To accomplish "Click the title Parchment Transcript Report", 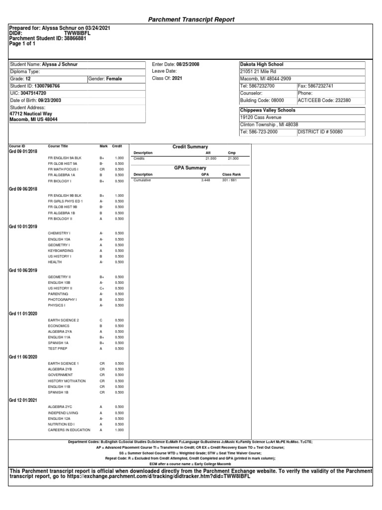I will tap(191, 19).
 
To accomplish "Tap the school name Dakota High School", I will tap(262, 65).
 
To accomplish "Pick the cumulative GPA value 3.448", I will tap(205, 180).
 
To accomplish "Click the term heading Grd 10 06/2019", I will tap(23, 270).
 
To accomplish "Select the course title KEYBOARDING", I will tap(61, 251).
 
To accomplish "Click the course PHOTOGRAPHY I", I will tap(62, 300).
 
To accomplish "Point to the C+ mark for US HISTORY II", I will tap(101, 288).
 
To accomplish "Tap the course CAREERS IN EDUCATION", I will tap(69, 429).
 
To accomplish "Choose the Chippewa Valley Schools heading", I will tap(268, 110).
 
